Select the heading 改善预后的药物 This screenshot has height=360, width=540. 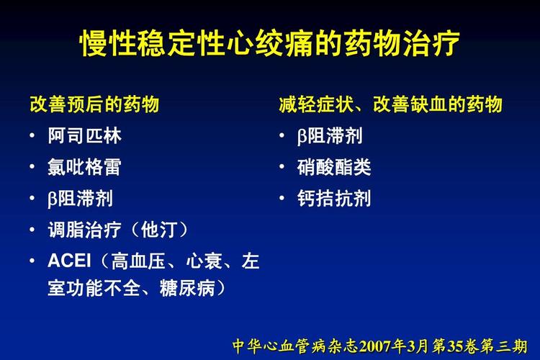point(94,104)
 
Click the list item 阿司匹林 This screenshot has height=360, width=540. point(85,135)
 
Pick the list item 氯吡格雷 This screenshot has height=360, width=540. point(84,167)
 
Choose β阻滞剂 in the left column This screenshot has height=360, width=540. point(80,199)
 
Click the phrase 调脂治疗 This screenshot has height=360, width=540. point(85,230)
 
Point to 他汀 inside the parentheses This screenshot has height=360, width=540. point(159,230)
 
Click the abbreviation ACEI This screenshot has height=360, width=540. point(69,261)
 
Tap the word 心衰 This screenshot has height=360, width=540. point(204,261)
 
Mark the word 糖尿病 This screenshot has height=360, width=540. point(187,288)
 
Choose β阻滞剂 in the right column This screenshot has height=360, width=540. point(330,135)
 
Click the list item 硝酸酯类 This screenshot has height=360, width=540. point(334,167)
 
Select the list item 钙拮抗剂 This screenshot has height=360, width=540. point(334,199)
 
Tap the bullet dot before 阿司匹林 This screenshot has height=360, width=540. point(32,135)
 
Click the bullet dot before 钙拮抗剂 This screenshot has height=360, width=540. point(282,198)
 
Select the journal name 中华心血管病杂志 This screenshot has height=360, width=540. point(295,346)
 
